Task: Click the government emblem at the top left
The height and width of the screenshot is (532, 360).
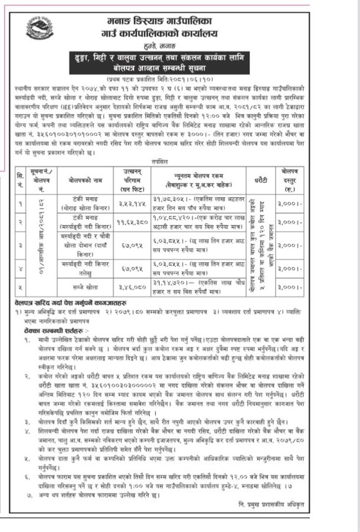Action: tap(40, 29)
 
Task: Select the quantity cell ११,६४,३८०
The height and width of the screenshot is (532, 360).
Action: tap(135, 206)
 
